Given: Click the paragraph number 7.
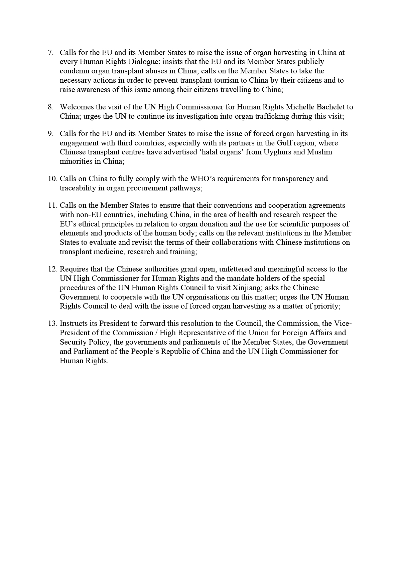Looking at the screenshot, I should pos(51,53).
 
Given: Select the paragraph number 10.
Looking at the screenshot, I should pos(52,179).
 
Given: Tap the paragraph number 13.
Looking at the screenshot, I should pos(52,324).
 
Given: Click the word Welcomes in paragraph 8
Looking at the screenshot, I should pos(76,107).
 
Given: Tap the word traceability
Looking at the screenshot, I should pos(78,188).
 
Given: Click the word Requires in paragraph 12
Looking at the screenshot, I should pos(74,269).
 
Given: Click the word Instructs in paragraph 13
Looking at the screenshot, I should pos(75,324).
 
